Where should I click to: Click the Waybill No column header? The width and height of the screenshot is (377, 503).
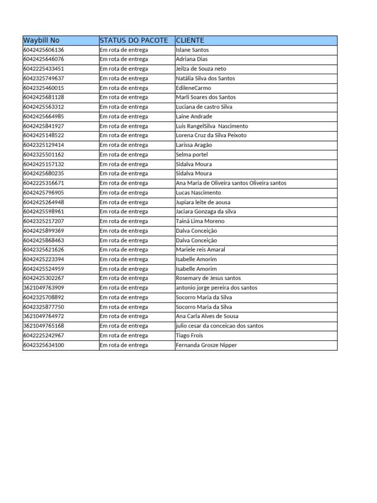point(41,40)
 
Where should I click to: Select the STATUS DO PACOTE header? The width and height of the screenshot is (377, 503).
point(134,40)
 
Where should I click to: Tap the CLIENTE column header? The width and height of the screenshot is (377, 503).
point(190,40)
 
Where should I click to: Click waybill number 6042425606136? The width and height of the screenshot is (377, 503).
point(44,50)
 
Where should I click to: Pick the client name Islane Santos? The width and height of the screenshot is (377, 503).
point(192,50)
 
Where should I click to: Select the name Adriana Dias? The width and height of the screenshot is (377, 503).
point(191,59)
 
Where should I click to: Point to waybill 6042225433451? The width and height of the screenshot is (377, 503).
point(44,69)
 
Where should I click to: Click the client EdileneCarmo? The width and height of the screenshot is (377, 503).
point(193,88)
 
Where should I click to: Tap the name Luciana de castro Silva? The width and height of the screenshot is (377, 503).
point(204,107)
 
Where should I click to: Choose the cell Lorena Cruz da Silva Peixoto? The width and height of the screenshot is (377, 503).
point(211,135)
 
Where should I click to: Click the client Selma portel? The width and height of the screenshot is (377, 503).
point(191,154)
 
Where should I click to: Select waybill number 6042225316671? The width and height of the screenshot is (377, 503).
point(44,183)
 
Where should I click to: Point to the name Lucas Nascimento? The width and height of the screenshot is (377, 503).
point(198,193)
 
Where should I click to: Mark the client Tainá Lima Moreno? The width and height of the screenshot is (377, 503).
point(200,221)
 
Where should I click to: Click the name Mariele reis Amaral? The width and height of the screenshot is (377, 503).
point(200,250)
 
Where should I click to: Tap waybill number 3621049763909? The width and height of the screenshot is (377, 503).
point(44,288)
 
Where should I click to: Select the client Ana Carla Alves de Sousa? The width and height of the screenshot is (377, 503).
point(207,316)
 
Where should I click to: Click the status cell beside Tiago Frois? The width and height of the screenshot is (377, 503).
point(124,335)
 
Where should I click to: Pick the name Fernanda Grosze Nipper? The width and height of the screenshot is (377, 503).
point(206,345)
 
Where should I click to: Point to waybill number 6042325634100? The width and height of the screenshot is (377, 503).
point(44,345)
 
